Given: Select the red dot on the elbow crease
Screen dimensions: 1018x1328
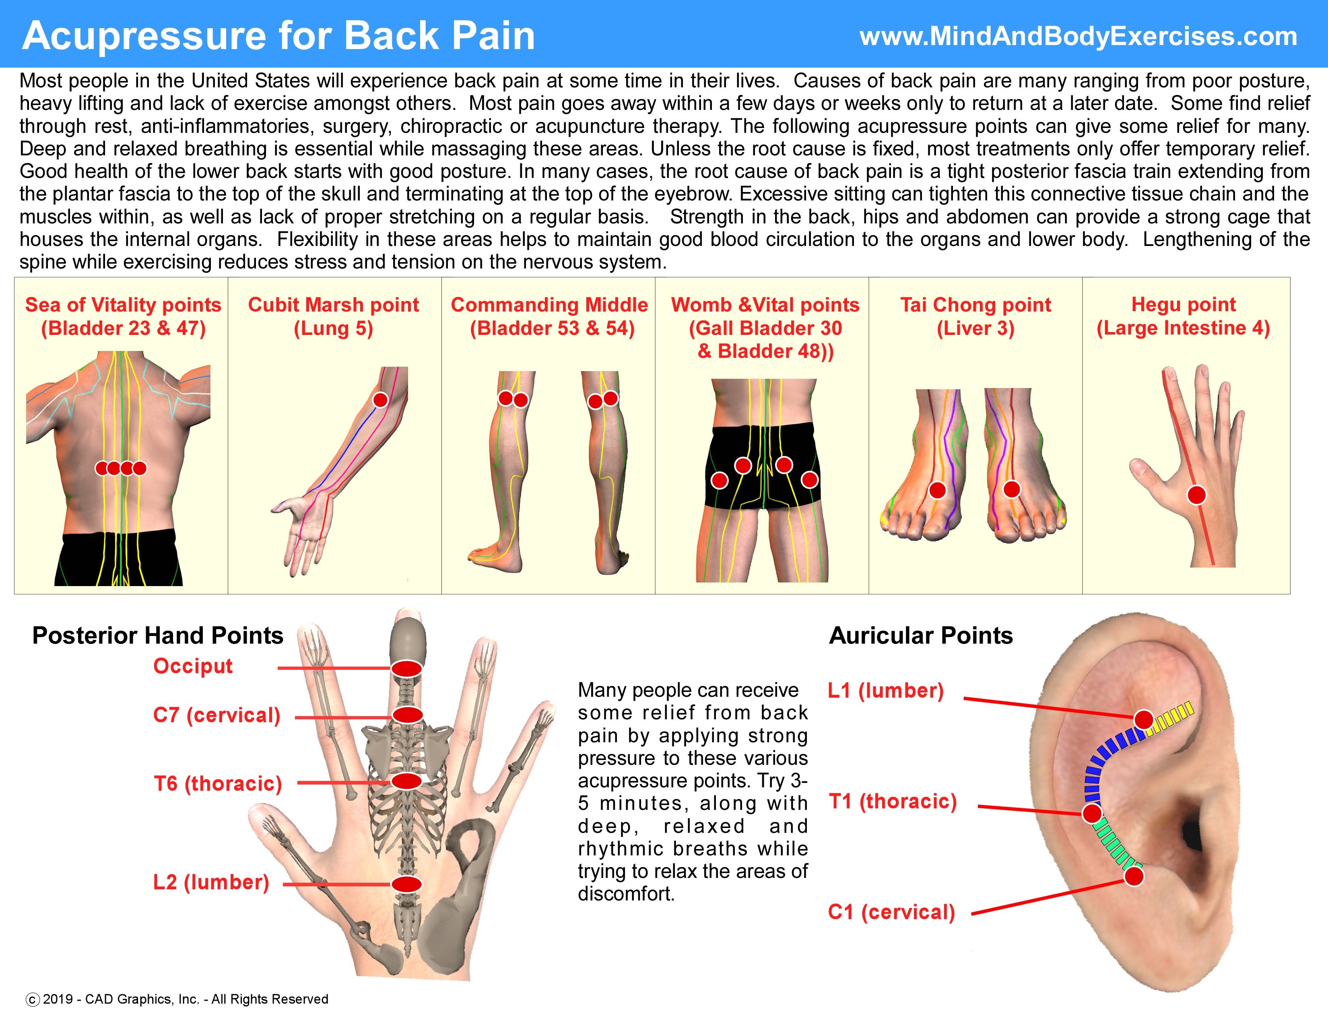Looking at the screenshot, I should [380, 400].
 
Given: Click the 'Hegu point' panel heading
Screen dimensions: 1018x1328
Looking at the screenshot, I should [1183, 305].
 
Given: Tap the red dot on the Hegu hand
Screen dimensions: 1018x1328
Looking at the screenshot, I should [1196, 495].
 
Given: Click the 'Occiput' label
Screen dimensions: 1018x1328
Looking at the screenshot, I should [193, 666].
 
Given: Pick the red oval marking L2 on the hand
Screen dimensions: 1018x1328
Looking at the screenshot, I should [406, 884].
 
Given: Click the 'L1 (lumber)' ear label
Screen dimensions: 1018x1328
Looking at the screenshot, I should [886, 691].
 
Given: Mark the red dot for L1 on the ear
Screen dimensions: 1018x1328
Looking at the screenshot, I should [1144, 719].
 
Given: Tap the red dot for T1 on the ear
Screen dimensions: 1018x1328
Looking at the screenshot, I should [1092, 813].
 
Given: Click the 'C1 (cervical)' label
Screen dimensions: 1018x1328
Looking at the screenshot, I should [891, 912].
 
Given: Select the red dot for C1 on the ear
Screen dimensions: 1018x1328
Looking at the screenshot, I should [1134, 876].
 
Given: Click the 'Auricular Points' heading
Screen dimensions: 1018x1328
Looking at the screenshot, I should [921, 636].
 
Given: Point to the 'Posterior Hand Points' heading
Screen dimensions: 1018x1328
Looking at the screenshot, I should [157, 636].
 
